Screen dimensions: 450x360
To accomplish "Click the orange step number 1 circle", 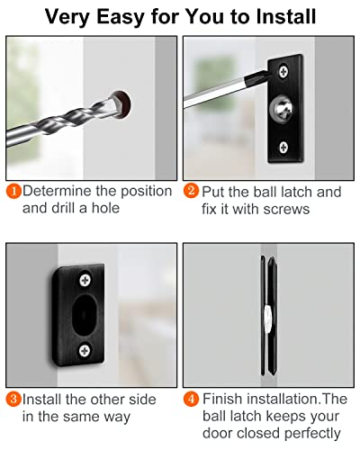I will click(13, 191).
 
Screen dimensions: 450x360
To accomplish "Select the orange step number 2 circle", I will click(192, 191).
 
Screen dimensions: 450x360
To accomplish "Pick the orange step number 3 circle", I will click(13, 399).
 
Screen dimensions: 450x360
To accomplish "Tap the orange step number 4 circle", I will click(192, 399).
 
